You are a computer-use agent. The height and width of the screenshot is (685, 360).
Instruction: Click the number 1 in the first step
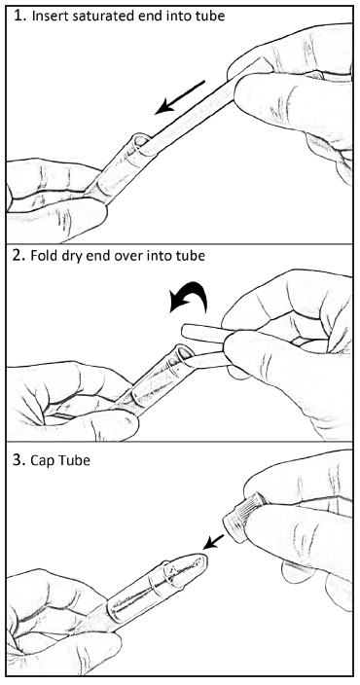pyautogui.click(x=18, y=17)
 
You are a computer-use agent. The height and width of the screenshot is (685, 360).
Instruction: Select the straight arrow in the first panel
pyautogui.click(x=180, y=97)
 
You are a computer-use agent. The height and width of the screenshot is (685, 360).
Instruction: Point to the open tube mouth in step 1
pyautogui.click(x=140, y=142)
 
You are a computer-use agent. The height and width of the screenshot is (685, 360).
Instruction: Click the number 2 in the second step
pyautogui.click(x=18, y=255)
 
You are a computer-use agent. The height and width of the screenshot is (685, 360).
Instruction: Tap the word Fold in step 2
pyautogui.click(x=42, y=256)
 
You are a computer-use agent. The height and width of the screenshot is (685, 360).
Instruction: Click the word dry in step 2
pyautogui.click(x=64, y=257)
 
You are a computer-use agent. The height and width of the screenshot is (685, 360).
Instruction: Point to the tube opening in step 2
pyautogui.click(x=184, y=352)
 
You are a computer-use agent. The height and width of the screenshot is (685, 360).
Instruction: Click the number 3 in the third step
pyautogui.click(x=18, y=460)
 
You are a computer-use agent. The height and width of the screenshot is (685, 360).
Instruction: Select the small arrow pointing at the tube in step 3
pyautogui.click(x=214, y=542)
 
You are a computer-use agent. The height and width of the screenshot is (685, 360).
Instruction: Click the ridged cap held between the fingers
pyautogui.click(x=242, y=518)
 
